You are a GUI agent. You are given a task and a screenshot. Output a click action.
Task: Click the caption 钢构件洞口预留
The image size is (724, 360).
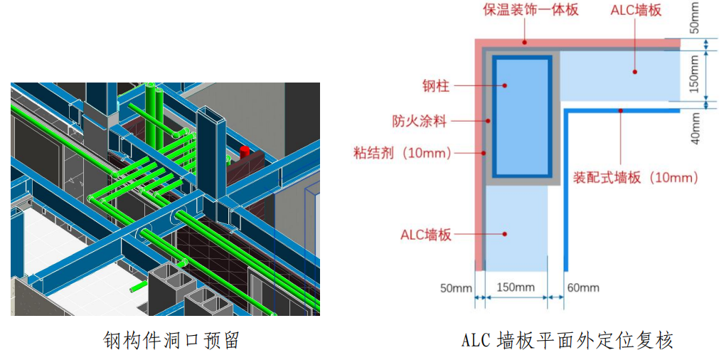(171, 340)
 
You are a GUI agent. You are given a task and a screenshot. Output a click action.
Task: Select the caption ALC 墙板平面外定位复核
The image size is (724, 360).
(567, 340)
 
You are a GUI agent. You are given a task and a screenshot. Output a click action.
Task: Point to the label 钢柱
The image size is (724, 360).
(435, 86)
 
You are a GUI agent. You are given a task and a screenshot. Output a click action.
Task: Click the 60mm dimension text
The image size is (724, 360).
(584, 287)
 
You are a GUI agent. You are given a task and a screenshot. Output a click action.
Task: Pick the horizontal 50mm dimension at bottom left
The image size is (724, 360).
(456, 287)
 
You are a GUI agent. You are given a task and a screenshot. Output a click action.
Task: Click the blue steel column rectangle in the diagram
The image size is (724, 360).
(523, 117)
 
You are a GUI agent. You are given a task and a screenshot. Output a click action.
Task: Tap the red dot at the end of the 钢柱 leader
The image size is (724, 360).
(505, 85)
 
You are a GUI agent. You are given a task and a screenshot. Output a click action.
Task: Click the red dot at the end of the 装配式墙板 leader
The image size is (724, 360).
(621, 110)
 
